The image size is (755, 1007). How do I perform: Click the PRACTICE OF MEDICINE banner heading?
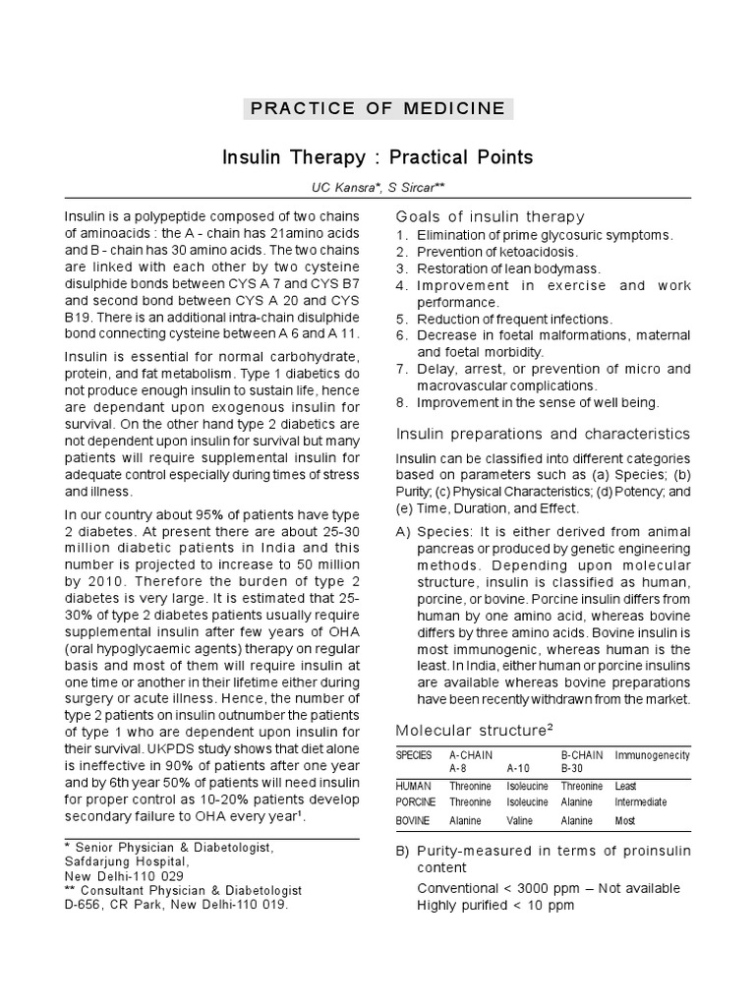click(x=377, y=108)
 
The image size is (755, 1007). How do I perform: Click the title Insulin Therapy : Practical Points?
click(x=377, y=157)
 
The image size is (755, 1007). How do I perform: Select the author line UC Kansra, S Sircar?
click(x=377, y=186)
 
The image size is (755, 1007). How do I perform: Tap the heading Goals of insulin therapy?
click(x=490, y=216)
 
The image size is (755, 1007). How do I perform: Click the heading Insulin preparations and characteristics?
click(x=543, y=434)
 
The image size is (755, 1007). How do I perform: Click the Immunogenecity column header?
click(x=652, y=755)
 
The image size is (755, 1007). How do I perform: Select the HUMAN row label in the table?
click(x=413, y=787)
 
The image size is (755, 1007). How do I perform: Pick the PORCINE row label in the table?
click(x=417, y=801)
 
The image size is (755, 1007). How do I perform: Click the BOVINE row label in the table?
click(x=413, y=820)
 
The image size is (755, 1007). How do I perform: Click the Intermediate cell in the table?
click(x=641, y=801)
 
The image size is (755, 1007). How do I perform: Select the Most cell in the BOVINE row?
click(x=624, y=820)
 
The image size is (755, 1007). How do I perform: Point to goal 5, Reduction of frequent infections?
click(x=514, y=320)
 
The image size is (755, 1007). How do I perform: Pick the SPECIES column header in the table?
click(x=414, y=755)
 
